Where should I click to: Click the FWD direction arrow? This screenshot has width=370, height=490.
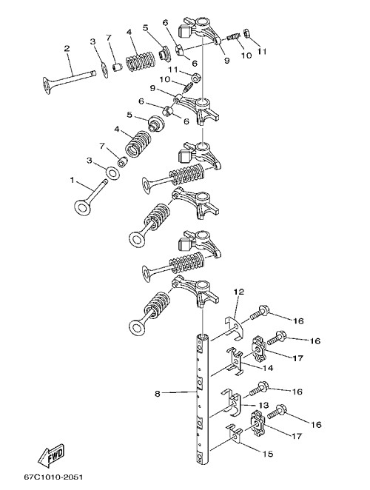coord(51,454)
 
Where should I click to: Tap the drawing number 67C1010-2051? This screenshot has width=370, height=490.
coord(53,477)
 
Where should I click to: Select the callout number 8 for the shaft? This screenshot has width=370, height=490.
coord(157,394)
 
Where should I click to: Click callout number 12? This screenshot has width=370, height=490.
coord(239,292)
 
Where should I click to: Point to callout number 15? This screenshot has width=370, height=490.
coord(268,454)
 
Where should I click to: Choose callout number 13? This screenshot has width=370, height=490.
coord(263,406)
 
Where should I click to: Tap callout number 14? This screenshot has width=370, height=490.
coord(268,368)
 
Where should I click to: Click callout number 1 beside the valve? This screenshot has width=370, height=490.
coord(73,181)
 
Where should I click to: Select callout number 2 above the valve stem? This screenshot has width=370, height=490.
coord(67,48)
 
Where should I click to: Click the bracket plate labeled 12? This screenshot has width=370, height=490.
coord(234,329)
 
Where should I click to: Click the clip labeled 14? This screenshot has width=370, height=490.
coord(235,361)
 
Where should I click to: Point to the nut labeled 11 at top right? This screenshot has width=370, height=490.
coord(246,33)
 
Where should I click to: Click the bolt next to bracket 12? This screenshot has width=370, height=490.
coord(258,313)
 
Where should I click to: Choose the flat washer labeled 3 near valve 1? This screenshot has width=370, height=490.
coord(112,172)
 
